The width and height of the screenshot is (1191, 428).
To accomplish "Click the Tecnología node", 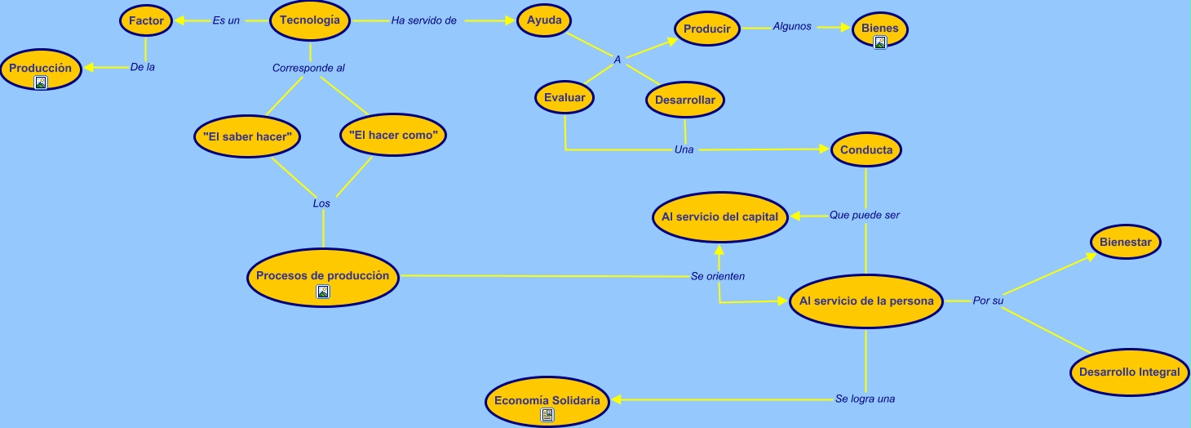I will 309,21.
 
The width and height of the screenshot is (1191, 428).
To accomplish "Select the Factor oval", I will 146,21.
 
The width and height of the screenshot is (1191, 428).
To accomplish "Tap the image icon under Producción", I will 41,82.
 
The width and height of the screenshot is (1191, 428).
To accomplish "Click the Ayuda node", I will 544,21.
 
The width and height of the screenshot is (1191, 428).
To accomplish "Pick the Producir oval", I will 706,29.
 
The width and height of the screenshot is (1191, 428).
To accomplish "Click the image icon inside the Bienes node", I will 880,42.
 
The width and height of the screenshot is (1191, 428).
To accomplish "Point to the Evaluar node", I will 565,98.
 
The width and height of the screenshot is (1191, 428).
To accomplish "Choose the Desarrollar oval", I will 685,100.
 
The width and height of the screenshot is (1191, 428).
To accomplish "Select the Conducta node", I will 866,150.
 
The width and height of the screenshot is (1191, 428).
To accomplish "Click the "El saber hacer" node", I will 247,136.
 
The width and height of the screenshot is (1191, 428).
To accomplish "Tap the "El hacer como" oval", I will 393,135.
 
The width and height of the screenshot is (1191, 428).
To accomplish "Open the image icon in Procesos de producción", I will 323,292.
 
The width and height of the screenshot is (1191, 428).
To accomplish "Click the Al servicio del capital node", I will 720,217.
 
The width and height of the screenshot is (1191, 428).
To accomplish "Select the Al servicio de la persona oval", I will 866,301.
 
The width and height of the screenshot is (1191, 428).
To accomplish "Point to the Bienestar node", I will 1125,243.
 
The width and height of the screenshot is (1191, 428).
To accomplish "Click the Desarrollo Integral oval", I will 1129,372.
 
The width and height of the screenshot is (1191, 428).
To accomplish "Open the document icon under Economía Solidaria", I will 547,415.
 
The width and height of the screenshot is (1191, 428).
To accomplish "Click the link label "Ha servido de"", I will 423,21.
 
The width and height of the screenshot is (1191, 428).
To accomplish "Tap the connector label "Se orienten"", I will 718,276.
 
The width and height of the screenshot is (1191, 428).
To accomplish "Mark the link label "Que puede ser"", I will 865,216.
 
